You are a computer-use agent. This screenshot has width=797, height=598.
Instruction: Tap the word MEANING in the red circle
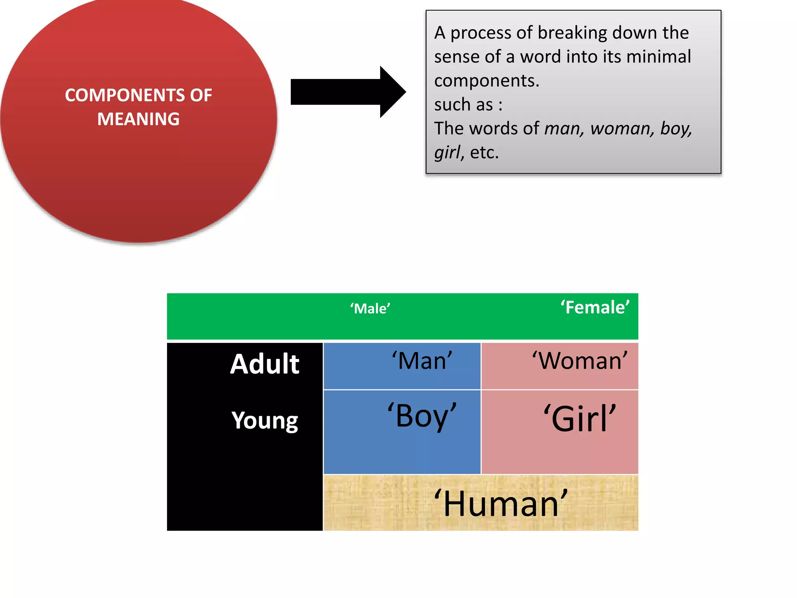click(138, 119)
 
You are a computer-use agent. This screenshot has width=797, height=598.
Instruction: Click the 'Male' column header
click(370, 309)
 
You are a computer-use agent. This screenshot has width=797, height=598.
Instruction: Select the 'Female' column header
click(595, 308)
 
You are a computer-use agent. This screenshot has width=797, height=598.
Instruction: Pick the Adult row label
click(265, 364)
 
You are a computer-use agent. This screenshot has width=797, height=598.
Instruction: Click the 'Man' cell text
click(422, 361)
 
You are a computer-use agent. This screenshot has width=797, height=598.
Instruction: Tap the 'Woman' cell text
click(580, 361)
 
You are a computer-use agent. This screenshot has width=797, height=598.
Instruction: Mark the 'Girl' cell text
click(580, 419)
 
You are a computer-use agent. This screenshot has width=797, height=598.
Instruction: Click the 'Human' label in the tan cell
click(501, 504)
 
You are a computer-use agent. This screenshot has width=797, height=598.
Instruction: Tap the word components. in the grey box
click(486, 81)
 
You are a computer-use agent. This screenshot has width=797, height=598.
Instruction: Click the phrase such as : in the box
click(468, 105)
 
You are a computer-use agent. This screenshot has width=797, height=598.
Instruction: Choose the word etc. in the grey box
click(484, 153)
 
